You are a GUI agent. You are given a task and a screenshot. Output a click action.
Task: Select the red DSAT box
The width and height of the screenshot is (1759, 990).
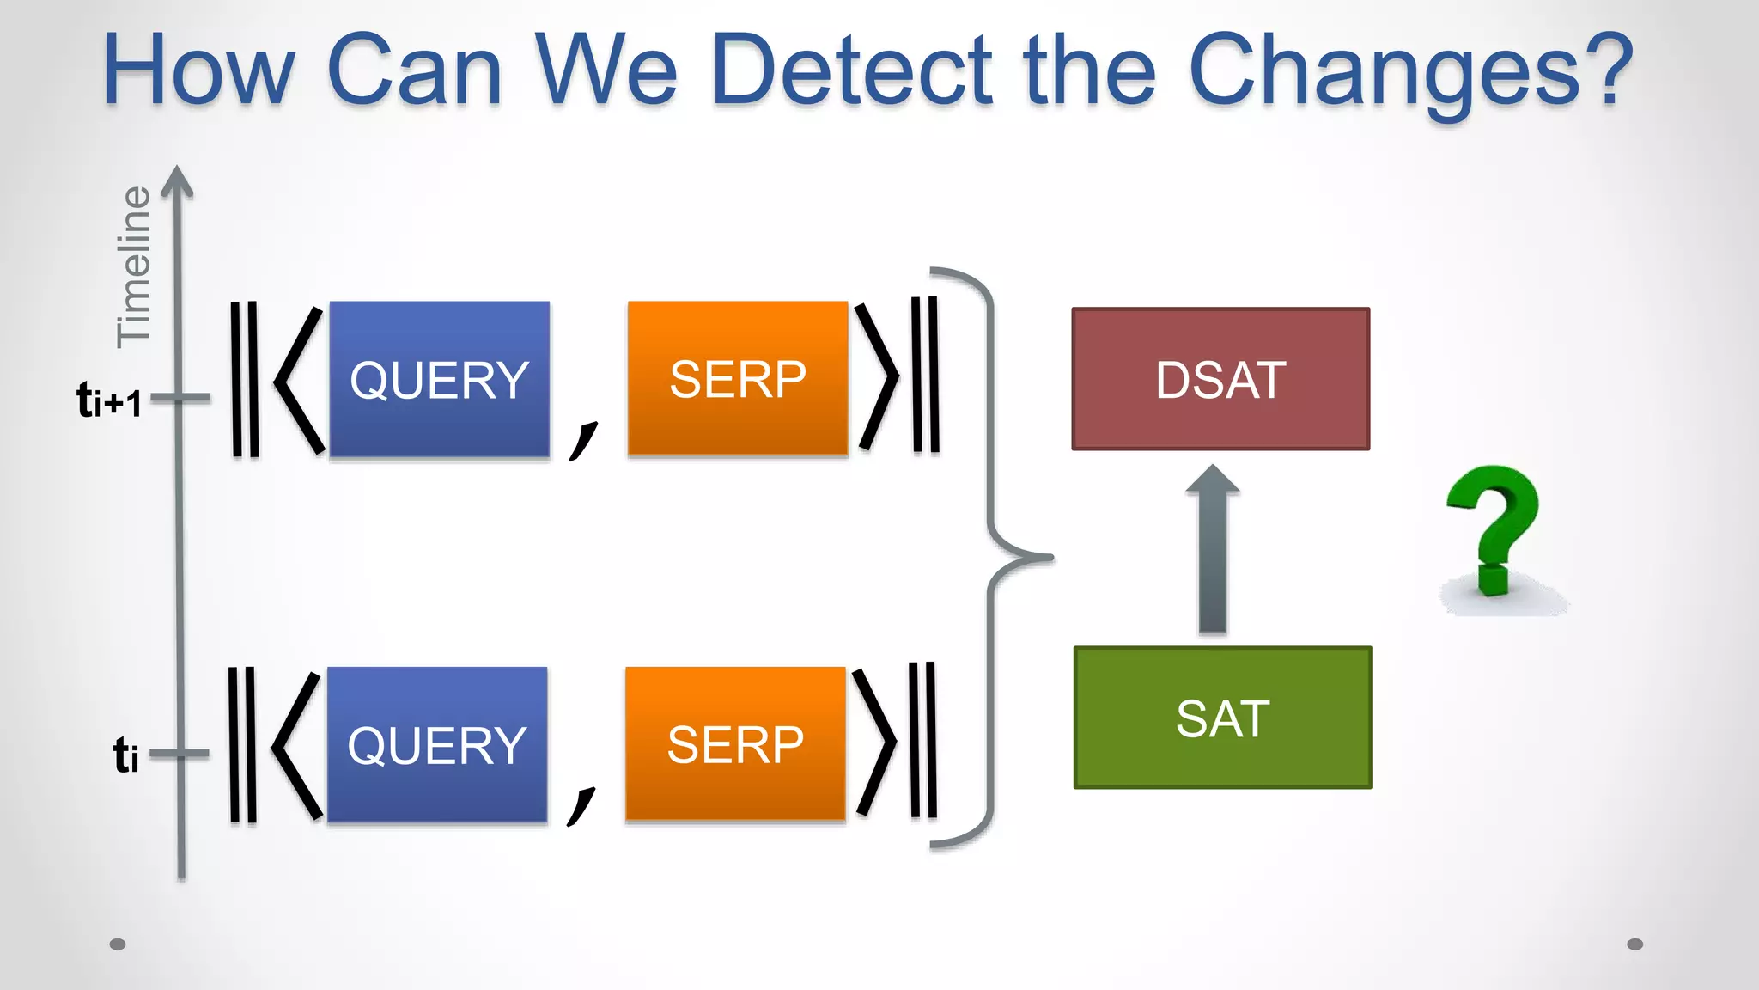click(1220, 379)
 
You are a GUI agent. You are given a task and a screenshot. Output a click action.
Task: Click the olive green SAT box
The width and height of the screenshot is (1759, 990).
click(1222, 718)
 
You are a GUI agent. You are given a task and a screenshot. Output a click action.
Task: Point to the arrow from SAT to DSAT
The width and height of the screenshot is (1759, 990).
click(1212, 550)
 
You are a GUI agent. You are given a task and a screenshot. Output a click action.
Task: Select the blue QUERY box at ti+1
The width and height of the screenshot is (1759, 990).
click(439, 379)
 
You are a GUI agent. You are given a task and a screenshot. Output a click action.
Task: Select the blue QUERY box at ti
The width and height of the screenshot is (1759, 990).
click(436, 744)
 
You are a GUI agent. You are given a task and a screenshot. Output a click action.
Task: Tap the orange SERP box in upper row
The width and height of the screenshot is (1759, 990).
click(738, 378)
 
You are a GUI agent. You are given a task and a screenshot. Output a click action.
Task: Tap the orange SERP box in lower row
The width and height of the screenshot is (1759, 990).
click(735, 743)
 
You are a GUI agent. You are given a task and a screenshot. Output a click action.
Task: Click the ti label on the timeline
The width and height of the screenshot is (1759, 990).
click(125, 755)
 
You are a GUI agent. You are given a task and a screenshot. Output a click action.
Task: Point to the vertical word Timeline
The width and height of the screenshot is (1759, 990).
click(134, 266)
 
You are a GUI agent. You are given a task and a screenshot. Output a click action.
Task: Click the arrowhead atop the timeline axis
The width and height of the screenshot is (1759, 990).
click(177, 181)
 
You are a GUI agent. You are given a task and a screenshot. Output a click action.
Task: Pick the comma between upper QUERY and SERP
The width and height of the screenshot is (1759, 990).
click(583, 439)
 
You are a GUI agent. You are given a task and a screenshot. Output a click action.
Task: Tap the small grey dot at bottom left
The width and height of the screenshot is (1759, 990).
click(118, 944)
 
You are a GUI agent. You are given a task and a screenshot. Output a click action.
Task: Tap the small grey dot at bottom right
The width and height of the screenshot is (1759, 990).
click(1634, 944)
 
